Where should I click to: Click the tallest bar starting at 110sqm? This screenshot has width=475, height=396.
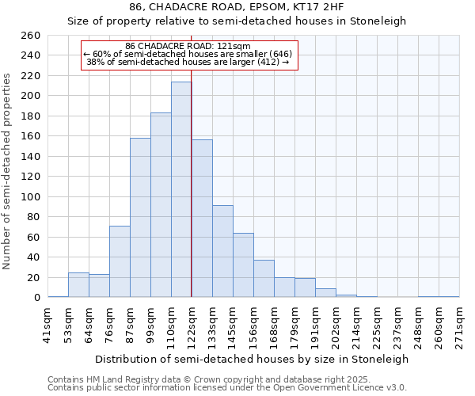point(181,189)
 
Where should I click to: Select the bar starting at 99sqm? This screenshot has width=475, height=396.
point(161,205)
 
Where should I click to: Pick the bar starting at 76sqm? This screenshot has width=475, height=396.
point(120,261)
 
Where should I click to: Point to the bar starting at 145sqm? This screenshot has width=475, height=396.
point(243,265)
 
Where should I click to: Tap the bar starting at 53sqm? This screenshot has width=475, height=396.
point(78,285)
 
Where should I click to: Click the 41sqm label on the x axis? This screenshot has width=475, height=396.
point(48,323)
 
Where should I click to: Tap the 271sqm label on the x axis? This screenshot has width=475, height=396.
point(460,323)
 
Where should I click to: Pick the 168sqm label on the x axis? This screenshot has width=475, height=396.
point(284,323)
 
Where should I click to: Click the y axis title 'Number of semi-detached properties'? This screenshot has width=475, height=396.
point(7,170)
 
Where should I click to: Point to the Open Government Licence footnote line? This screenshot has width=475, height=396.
point(227,387)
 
